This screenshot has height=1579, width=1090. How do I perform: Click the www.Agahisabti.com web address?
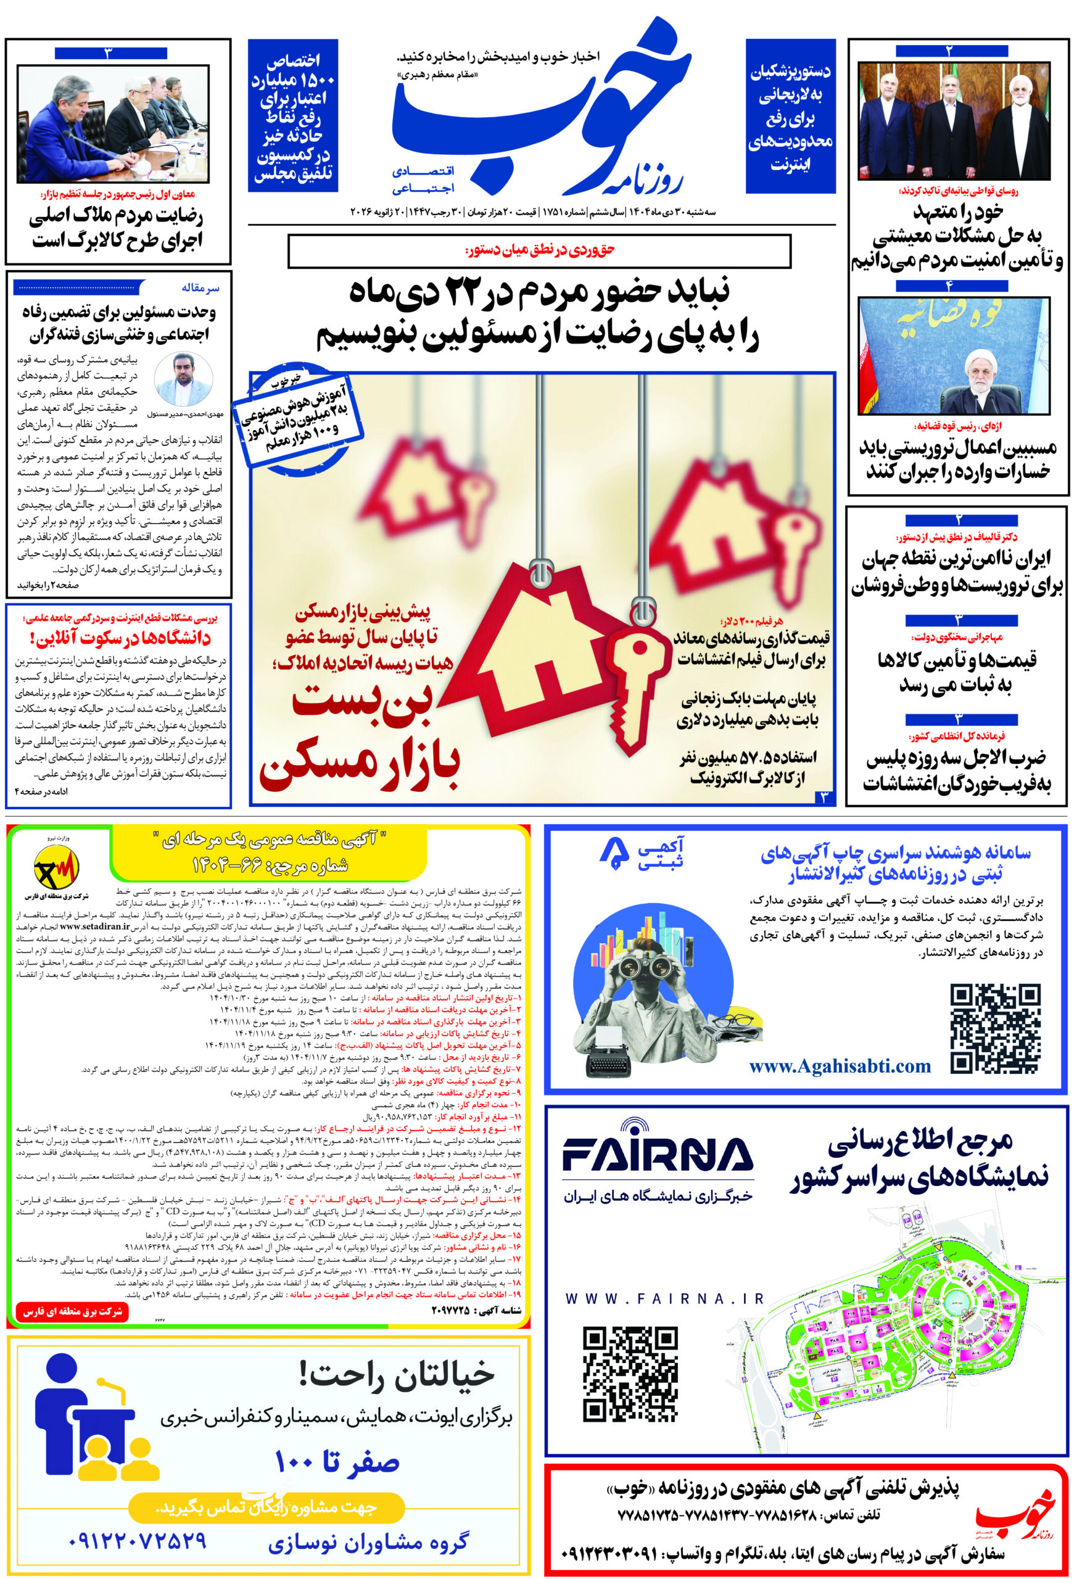pos(840,1066)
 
